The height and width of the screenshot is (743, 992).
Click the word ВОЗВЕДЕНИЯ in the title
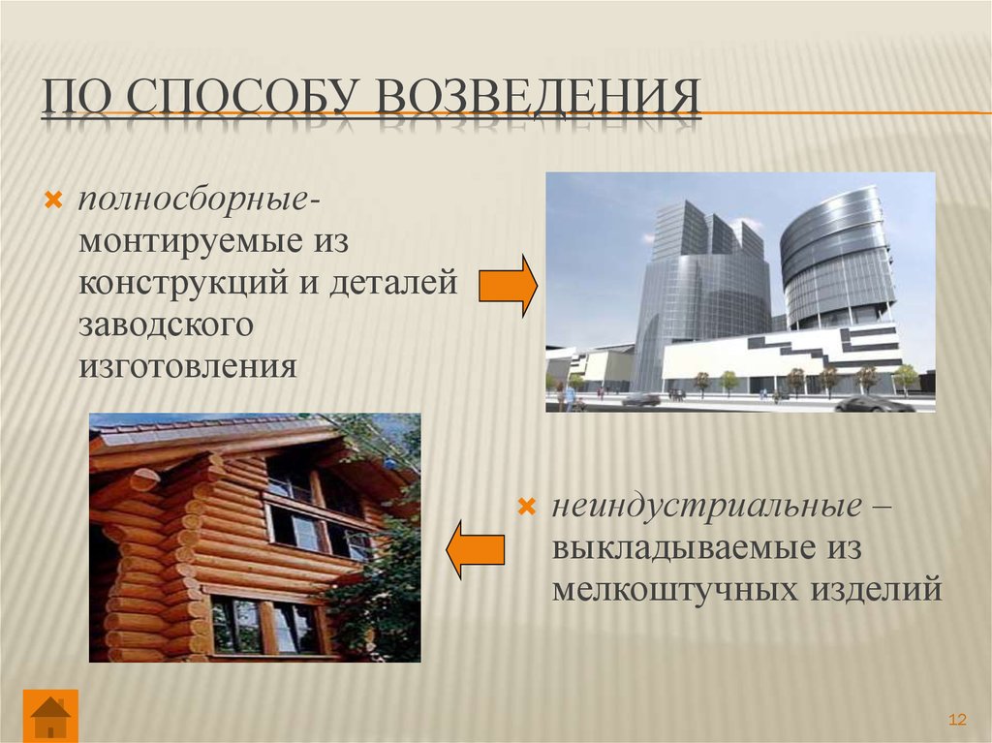pos(539,96)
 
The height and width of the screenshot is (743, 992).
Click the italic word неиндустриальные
pos(706,507)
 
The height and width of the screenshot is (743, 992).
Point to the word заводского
pos(166,325)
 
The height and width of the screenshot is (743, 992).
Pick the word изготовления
pos(187,367)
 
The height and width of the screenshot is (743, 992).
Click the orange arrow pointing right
pos(508,286)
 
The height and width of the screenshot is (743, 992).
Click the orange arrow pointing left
pos(475,550)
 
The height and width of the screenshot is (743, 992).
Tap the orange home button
pos(50,716)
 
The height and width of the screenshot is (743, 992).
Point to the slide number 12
pos(957,720)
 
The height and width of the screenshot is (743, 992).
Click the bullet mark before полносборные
pos(52,201)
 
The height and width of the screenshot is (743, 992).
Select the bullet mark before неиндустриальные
pos(526,507)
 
